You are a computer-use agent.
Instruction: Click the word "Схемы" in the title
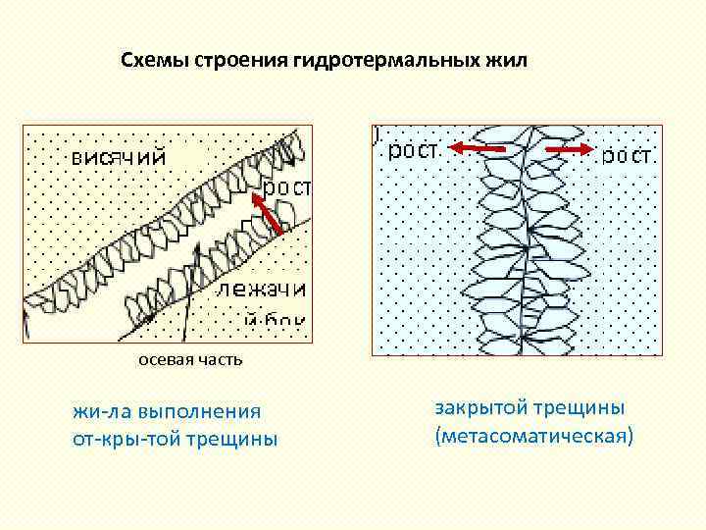tap(157, 61)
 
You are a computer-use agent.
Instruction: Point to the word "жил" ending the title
tap(507, 61)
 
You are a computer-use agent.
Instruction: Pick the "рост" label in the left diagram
tap(286, 186)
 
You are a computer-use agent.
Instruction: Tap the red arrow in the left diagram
tap(269, 215)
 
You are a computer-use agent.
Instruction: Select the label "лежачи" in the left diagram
tap(262, 289)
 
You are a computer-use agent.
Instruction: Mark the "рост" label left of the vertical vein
tap(415, 151)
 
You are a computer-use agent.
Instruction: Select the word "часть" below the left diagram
tap(218, 361)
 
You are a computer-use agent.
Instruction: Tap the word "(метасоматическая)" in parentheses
tap(534, 434)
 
